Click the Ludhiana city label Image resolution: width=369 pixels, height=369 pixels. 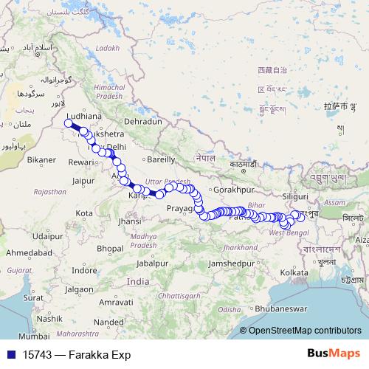coord(83,117)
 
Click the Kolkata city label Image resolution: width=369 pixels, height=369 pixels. coord(294,273)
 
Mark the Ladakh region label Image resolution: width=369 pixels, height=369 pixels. coord(107,48)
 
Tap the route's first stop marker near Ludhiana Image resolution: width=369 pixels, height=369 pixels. coord(69,123)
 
